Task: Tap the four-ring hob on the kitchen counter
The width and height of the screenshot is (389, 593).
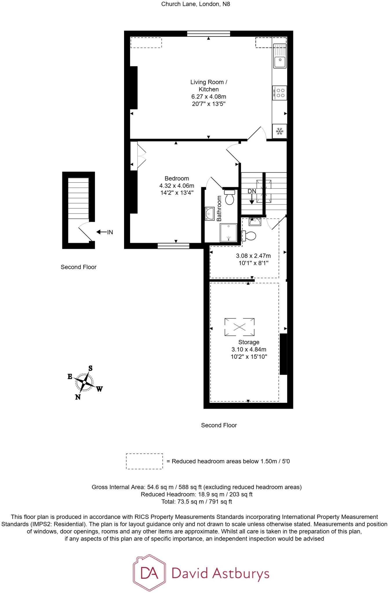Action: (280, 93)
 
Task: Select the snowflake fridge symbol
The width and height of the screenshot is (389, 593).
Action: (280, 131)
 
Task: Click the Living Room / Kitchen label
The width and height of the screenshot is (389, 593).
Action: (209, 86)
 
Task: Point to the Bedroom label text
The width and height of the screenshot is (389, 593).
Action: (177, 178)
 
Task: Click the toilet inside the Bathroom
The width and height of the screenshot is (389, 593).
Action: (230, 197)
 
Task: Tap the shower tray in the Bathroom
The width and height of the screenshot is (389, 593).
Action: (229, 233)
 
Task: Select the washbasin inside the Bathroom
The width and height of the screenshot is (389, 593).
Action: (209, 214)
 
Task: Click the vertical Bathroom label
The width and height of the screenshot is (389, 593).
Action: (219, 208)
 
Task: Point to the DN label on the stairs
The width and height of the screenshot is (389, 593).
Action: (252, 191)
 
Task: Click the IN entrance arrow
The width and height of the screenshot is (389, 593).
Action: (104, 232)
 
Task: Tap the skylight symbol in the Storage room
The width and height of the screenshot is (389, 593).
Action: (240, 327)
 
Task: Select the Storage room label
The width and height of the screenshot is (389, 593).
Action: (249, 342)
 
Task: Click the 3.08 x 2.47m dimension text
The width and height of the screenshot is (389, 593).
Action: (253, 256)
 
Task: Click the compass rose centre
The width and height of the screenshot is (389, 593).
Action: (84, 382)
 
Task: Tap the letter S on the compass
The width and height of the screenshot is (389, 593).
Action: (90, 368)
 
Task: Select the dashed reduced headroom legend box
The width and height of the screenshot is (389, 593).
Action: (144, 461)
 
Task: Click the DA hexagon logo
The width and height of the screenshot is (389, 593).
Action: (150, 573)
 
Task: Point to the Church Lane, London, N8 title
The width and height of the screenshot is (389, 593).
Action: (196, 4)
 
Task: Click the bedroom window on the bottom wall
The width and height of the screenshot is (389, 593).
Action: (173, 246)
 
